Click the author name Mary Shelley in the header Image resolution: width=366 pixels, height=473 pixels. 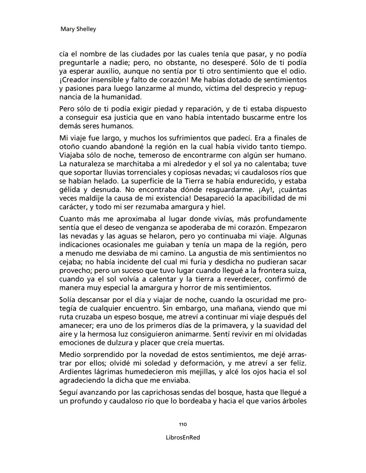(x=78, y=29)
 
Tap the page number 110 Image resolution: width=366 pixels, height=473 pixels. (x=183, y=424)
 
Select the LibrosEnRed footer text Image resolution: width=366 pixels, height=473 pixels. (x=183, y=437)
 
